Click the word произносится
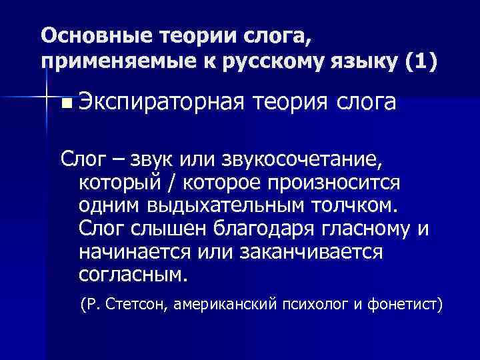point(329,182)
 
